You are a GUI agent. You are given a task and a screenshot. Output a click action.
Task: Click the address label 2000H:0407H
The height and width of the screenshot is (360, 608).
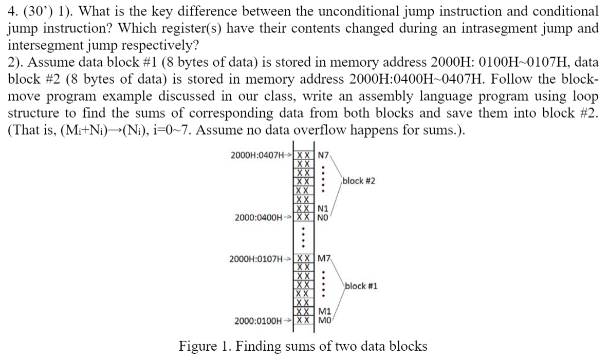pyautogui.click(x=257, y=156)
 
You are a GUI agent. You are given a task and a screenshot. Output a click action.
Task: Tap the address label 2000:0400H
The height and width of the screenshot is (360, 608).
pyautogui.click(x=259, y=217)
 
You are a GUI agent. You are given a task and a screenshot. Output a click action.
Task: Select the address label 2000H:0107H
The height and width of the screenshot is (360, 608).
pyautogui.click(x=256, y=259)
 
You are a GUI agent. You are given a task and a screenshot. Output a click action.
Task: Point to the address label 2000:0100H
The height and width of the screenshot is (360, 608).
pyautogui.click(x=258, y=321)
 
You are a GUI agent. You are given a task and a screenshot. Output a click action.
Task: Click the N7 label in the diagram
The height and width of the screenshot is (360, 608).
pyautogui.click(x=323, y=156)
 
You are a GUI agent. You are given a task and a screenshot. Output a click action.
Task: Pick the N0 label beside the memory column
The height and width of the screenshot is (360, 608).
pyautogui.click(x=323, y=217)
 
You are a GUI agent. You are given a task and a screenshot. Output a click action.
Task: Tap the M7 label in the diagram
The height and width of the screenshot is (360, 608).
pyautogui.click(x=324, y=258)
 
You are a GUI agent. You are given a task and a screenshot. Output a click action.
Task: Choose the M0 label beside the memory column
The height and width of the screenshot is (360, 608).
pyautogui.click(x=324, y=320)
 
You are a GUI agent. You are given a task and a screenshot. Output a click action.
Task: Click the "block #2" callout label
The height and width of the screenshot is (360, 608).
pyautogui.click(x=359, y=181)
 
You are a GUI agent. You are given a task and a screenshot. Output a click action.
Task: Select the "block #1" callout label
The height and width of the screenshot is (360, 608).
pyautogui.click(x=361, y=286)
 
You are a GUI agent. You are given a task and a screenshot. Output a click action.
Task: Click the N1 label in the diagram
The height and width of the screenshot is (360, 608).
pyautogui.click(x=323, y=209)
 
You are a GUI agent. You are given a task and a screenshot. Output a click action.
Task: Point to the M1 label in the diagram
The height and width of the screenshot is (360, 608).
pyautogui.click(x=324, y=312)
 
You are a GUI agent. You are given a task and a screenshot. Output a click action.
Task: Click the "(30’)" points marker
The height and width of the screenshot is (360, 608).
pyautogui.click(x=39, y=11)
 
